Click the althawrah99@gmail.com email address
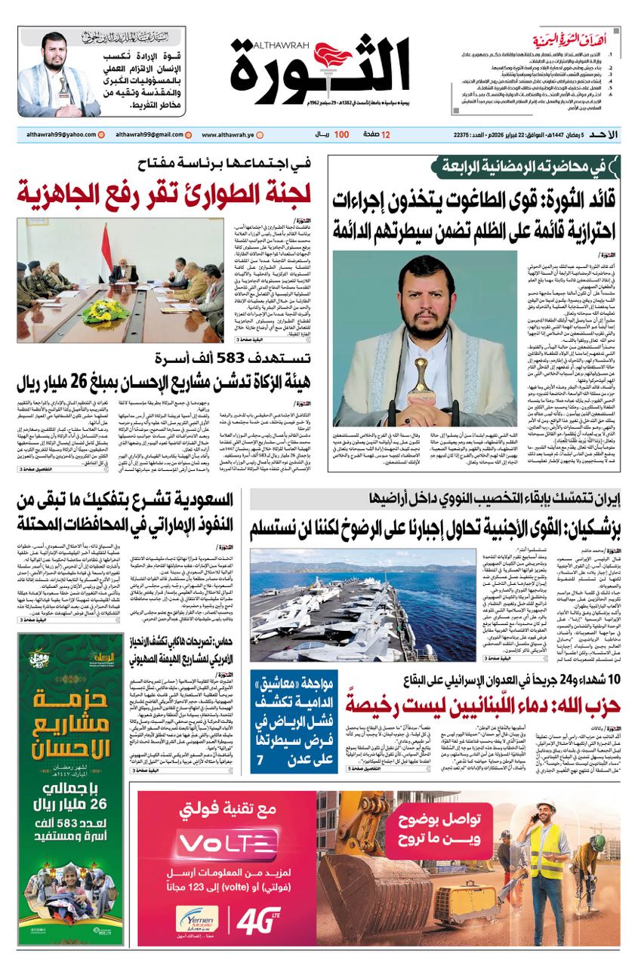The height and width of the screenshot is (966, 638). [149, 134]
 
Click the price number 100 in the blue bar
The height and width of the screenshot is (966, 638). [341, 134]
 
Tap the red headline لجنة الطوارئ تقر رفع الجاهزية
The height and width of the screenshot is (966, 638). [165, 193]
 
